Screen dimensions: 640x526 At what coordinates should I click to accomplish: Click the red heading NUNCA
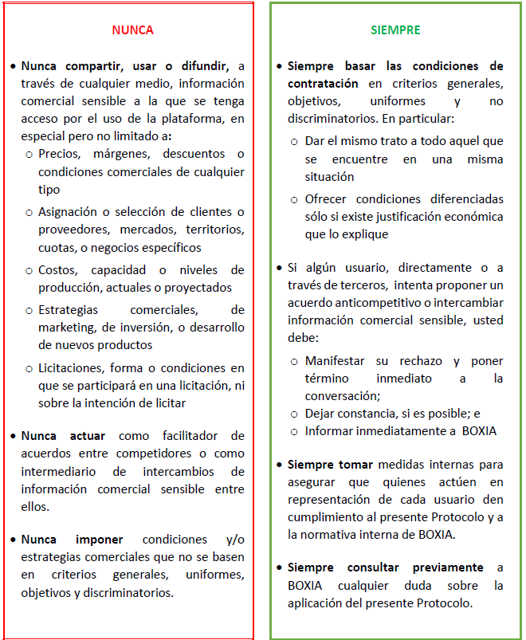tap(132, 30)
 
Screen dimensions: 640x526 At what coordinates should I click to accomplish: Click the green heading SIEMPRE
tap(395, 30)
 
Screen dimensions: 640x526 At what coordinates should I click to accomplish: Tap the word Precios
tap(60, 153)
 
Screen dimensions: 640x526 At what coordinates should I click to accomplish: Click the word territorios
tap(214, 230)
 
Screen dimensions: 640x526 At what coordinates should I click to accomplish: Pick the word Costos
tap(57, 270)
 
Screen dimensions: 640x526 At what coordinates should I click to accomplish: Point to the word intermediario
tap(58, 471)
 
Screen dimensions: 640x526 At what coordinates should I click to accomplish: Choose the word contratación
tap(323, 83)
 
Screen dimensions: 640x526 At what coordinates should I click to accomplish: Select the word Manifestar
tap(336, 360)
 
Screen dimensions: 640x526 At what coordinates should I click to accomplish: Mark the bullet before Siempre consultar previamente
tap(279, 568)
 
